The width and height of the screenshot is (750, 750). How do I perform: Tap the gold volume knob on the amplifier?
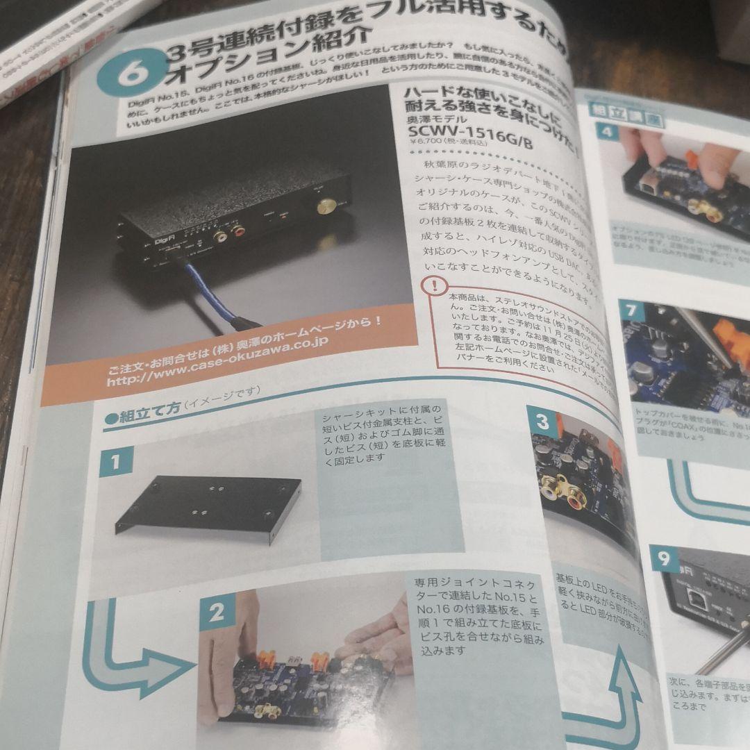(324, 206)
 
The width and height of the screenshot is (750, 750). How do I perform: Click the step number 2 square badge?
(217, 612)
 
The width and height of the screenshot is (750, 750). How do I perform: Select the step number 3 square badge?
(543, 421)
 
